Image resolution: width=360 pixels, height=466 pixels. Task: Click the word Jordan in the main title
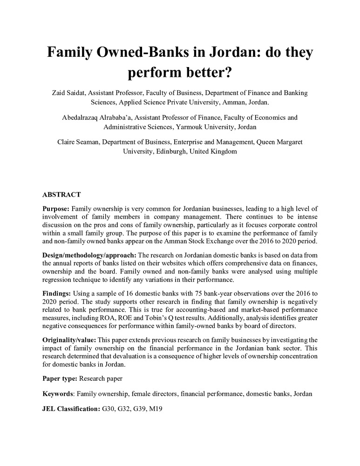point(227,52)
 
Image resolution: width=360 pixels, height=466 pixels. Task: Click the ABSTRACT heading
point(61,194)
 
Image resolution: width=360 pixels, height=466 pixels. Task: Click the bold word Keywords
point(57,394)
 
